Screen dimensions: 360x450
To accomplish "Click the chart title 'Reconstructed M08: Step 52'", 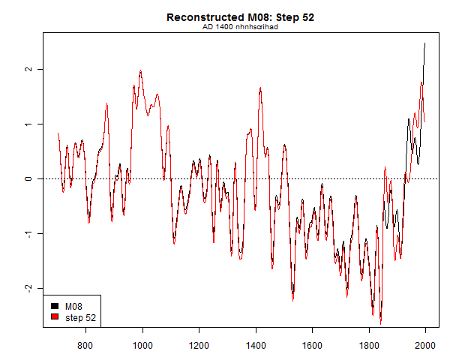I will pyautogui.click(x=240, y=17).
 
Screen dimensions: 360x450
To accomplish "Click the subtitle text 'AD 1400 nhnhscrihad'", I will pyautogui.click(x=240, y=27).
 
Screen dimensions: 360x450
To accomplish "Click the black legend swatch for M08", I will pyautogui.click(x=54, y=306).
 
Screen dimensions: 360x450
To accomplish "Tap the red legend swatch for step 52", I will pyautogui.click(x=54, y=317).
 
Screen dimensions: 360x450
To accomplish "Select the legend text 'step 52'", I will pyautogui.click(x=80, y=317).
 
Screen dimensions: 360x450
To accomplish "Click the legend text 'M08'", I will pyautogui.click(x=74, y=306).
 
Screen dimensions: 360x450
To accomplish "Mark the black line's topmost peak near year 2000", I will pyautogui.click(x=424, y=43).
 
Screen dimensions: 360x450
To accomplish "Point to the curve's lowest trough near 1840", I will pyautogui.click(x=381, y=322).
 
